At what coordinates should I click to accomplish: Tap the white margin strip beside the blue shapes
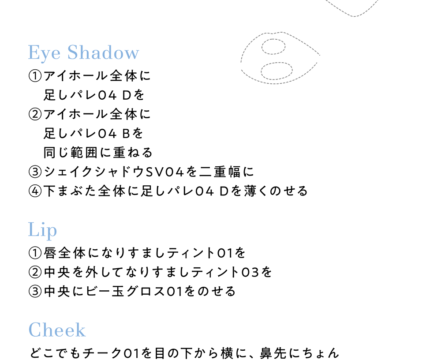pos(13,176)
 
